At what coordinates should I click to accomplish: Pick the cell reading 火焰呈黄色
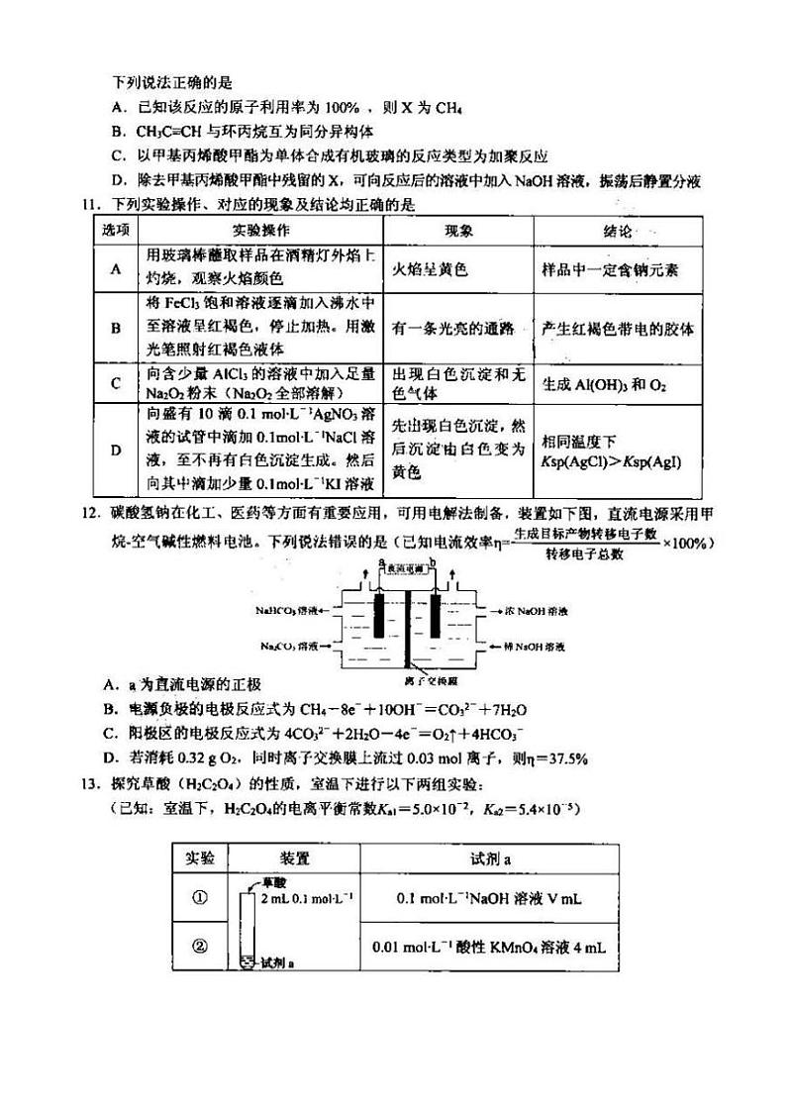tap(430, 268)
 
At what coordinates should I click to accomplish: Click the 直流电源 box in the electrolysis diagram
tap(407, 568)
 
